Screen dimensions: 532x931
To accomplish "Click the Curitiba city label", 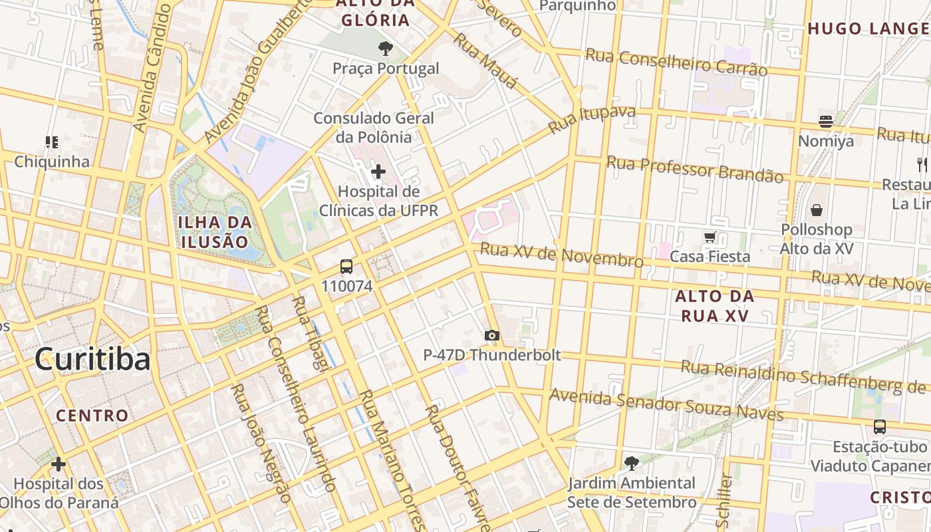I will (92, 360).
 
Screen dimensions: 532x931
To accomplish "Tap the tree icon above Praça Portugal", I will (385, 48).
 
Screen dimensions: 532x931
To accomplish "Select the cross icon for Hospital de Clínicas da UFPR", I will (378, 172).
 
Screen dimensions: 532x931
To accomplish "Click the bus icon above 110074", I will (346, 267).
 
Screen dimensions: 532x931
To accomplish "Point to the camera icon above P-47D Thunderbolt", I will (492, 335).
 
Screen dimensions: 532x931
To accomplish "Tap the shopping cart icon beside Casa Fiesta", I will (710, 237).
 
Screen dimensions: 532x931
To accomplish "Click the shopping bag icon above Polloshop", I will (817, 210).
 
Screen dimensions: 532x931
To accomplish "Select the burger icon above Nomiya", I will (826, 122).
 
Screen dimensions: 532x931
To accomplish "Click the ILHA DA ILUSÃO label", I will (215, 231).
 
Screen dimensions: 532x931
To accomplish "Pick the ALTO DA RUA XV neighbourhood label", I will (714, 306).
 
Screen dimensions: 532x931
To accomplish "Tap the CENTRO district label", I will (92, 416).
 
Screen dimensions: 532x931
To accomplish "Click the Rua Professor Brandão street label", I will (695, 169).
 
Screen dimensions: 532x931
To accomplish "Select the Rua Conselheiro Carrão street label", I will (676, 62).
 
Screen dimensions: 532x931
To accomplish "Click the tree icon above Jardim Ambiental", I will (631, 463).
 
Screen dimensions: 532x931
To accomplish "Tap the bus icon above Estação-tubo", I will (879, 427).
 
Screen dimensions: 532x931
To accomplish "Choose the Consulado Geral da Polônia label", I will (374, 127).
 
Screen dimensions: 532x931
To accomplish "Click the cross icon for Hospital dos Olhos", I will (59, 464).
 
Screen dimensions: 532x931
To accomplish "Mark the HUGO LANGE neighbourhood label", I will (868, 29).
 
